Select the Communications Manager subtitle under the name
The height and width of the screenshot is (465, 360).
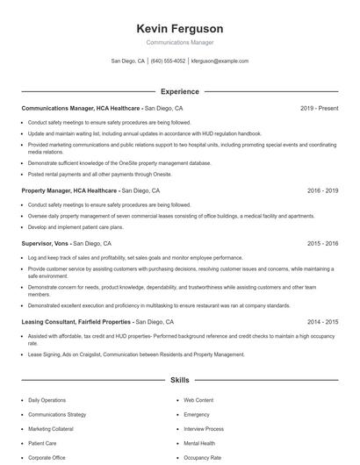pyautogui.click(x=180, y=42)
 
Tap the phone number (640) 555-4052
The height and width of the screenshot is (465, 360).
pyautogui.click(x=168, y=61)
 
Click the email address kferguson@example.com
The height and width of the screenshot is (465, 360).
pyautogui.click(x=220, y=61)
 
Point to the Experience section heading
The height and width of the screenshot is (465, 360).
pyautogui.click(x=180, y=91)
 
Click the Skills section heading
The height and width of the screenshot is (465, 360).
pyautogui.click(x=180, y=381)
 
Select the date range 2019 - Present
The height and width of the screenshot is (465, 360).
pyautogui.click(x=319, y=108)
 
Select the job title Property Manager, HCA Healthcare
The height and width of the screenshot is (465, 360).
pyautogui.click(x=69, y=190)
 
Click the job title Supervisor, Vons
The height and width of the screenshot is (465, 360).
pyautogui.click(x=46, y=243)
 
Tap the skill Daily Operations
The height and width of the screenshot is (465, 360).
pyautogui.click(x=47, y=400)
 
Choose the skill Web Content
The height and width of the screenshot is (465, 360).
pyautogui.click(x=198, y=400)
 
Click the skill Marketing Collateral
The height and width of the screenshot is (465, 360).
pyautogui.click(x=52, y=429)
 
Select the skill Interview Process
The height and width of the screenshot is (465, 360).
pyautogui.click(x=204, y=429)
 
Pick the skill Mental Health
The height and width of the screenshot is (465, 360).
pyautogui.click(x=200, y=443)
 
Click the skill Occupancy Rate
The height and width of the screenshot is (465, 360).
pyautogui.click(x=203, y=458)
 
